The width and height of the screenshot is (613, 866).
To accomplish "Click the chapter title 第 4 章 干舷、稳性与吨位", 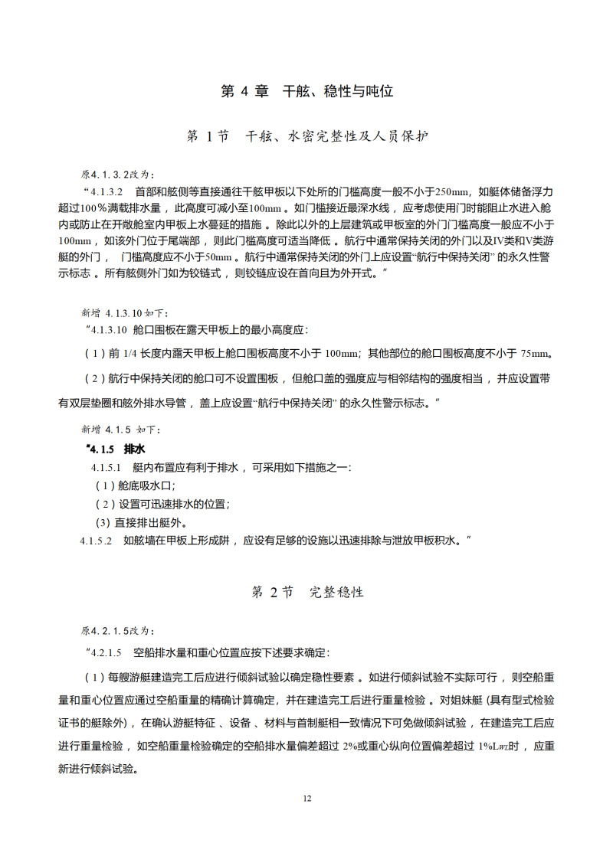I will coord(306,91).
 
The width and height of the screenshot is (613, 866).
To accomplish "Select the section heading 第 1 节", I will coord(208,137).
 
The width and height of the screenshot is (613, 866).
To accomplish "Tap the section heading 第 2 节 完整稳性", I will coord(306,592).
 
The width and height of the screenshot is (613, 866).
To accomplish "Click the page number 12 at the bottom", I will coord(306,799).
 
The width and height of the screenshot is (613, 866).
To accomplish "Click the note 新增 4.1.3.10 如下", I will coord(123,313).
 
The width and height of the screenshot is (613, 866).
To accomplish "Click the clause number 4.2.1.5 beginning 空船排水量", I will coord(106,652).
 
